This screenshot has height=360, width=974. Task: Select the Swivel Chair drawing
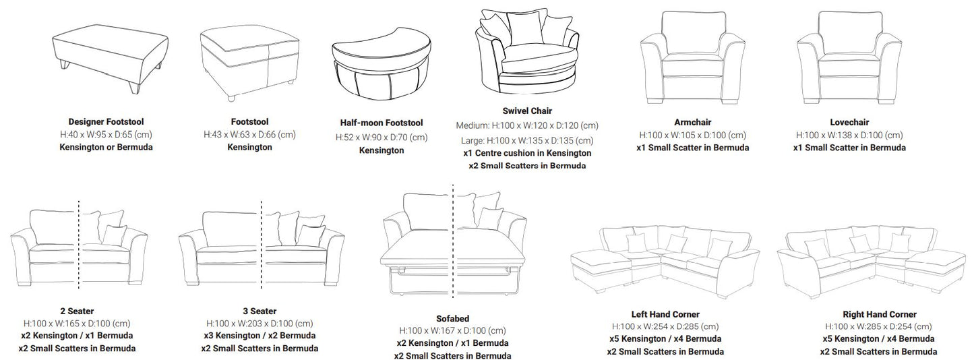(528, 55)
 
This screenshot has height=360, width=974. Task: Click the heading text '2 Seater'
(77, 311)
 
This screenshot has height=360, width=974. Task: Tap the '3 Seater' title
(260, 311)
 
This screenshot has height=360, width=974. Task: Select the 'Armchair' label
(692, 122)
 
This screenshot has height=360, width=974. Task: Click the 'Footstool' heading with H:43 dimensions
(249, 122)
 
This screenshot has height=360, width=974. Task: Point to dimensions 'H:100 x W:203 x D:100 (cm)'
(260, 323)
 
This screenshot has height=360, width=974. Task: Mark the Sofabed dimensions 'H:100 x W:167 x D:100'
(452, 330)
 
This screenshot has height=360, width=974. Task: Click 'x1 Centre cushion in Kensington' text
(527, 153)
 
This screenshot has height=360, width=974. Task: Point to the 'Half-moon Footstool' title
(382, 123)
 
